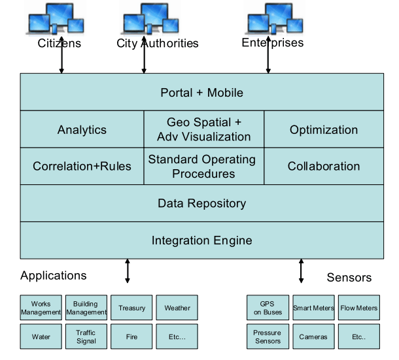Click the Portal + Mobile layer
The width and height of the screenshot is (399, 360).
(201, 93)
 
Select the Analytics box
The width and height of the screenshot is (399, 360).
(82, 129)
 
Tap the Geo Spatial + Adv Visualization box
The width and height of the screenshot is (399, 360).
(204, 129)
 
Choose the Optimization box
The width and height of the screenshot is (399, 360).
(324, 129)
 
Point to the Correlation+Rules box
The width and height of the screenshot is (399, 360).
(82, 166)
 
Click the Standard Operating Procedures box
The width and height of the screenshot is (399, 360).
(204, 166)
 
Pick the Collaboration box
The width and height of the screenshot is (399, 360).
(324, 166)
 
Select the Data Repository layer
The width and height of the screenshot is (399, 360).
(201, 203)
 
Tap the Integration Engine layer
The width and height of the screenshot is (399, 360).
(201, 240)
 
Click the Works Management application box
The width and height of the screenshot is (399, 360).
(41, 308)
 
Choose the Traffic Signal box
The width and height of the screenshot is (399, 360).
(86, 336)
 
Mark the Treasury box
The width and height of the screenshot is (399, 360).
(131, 308)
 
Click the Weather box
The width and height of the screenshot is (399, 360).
(177, 308)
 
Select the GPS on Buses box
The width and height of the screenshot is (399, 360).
(268, 308)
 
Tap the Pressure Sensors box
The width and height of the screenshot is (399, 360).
(268, 336)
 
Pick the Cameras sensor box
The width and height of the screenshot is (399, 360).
(313, 336)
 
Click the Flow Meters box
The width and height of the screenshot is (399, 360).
(358, 308)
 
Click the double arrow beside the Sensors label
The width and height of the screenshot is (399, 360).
(302, 270)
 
